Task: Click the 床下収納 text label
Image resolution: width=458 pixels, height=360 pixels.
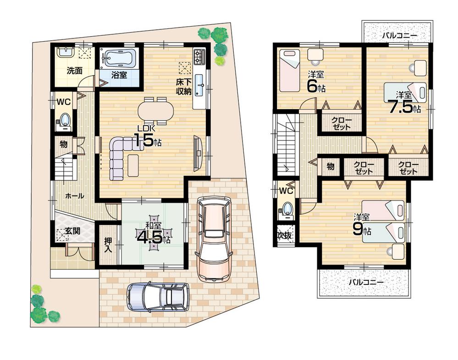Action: (184, 87)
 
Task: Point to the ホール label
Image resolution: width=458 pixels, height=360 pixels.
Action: (74, 196)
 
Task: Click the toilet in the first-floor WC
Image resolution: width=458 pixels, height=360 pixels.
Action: (64, 120)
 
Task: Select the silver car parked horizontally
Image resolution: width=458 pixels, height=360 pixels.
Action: (158, 298)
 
